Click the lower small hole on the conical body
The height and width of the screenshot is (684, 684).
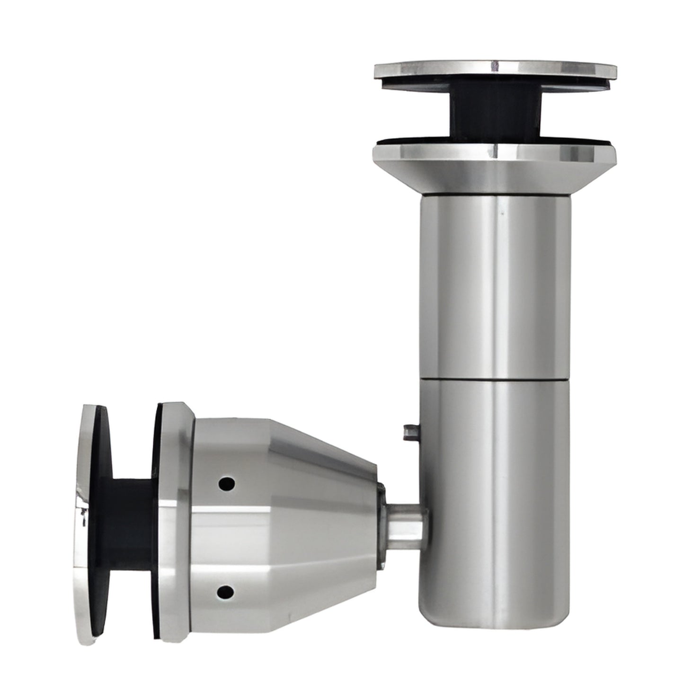point(226,591)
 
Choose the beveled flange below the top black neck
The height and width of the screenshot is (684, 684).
point(495,168)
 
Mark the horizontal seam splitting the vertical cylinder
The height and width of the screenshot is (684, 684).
point(495,377)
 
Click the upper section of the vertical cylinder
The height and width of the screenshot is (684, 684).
point(495,284)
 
